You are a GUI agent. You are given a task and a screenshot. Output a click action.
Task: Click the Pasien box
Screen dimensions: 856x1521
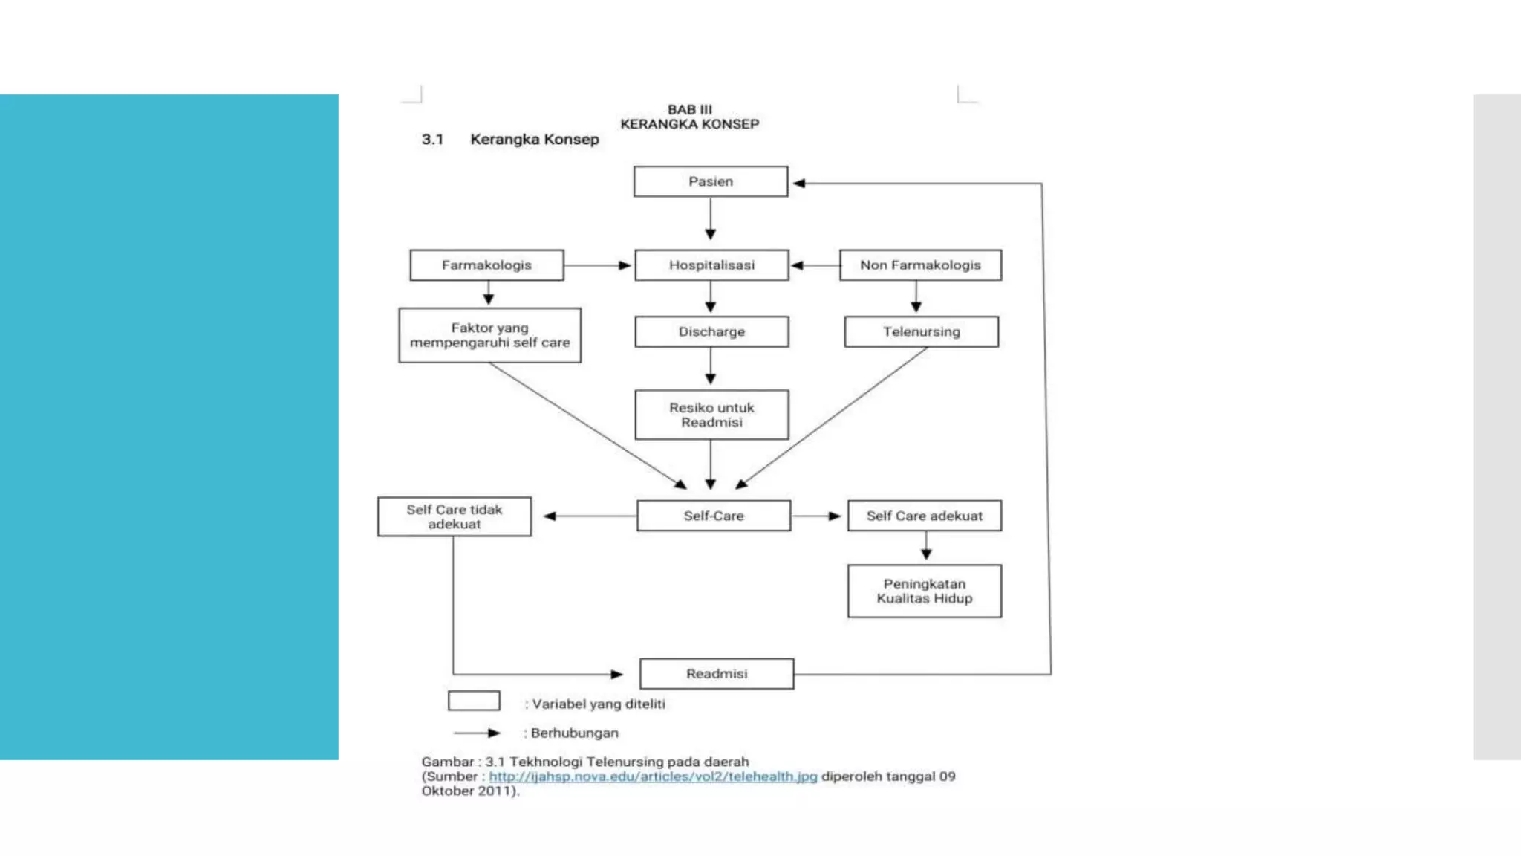pos(710,181)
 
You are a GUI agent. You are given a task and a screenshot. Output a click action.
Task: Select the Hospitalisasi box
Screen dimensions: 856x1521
pos(711,265)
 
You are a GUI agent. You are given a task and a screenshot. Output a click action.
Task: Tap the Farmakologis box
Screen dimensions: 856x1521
pos(486,265)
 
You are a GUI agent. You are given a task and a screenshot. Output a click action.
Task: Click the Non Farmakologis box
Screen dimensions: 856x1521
pos(920,265)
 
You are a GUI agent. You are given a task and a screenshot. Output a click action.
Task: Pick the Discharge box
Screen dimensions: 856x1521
pos(711,331)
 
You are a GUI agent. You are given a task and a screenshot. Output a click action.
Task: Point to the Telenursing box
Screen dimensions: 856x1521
pos(921,331)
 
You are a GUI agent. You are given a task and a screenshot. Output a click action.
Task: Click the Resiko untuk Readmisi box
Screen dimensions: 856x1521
pos(711,415)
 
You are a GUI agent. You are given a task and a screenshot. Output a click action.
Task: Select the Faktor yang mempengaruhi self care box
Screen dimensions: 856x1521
pos(489,335)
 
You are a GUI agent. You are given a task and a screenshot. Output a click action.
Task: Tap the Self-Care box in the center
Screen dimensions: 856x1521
pos(713,516)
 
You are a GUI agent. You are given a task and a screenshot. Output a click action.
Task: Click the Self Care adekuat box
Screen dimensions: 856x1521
pos(924,516)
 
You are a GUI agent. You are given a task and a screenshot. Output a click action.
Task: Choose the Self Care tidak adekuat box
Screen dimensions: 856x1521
pos(454,516)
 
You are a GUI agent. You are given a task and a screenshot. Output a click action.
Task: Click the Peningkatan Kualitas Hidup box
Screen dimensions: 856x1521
pos(924,591)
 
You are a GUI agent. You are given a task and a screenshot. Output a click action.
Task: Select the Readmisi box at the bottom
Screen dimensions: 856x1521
pos(716,674)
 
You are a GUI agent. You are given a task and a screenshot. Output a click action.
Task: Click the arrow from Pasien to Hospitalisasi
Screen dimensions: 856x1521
pos(710,218)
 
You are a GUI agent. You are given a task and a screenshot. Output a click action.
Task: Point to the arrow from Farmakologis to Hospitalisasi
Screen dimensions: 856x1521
pos(597,265)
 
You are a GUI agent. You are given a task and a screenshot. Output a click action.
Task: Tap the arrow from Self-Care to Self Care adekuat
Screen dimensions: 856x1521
pos(816,516)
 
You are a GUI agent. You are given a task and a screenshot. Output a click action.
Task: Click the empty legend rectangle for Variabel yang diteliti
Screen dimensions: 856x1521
pos(474,701)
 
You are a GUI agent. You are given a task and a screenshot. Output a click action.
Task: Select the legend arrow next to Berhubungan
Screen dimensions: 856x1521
pos(477,733)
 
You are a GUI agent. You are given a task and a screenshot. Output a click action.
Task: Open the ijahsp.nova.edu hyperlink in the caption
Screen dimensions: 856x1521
pos(652,776)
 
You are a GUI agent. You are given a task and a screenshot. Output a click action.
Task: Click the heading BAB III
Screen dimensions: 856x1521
pos(689,110)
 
